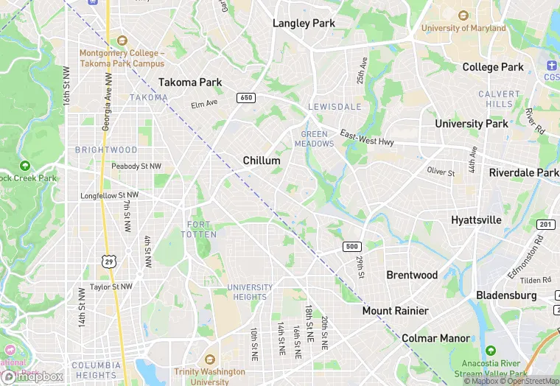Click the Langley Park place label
304,23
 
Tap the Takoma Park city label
191,83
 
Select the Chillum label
262,161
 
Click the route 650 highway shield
246,98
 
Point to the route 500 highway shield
351,247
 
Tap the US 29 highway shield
110,262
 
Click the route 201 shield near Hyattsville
545,224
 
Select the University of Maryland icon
463,15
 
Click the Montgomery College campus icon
122,41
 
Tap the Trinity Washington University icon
209,359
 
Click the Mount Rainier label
395,311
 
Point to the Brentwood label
412,275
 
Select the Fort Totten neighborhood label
199,229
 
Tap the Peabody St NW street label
136,166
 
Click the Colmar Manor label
436,338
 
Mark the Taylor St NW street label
111,287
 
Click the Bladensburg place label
504,295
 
